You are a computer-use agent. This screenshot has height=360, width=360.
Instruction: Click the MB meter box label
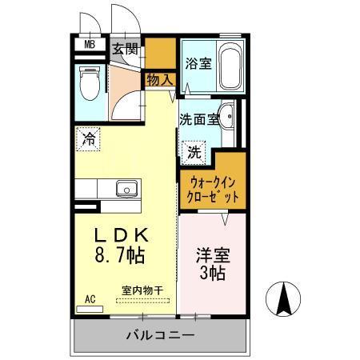pyautogui.click(x=90, y=46)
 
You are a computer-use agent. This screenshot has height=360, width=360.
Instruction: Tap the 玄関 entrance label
pyautogui.click(x=126, y=48)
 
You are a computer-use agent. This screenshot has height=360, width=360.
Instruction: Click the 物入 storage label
pyautogui.click(x=159, y=79)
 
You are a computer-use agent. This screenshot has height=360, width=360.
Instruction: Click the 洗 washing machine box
pyautogui.click(x=194, y=150)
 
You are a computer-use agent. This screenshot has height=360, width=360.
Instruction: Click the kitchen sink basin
pyautogui.click(x=126, y=189)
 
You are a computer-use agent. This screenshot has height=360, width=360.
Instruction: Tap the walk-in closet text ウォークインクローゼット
pyautogui.click(x=212, y=188)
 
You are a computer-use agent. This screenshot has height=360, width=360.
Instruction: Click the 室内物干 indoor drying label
pyautogui.click(x=143, y=290)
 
